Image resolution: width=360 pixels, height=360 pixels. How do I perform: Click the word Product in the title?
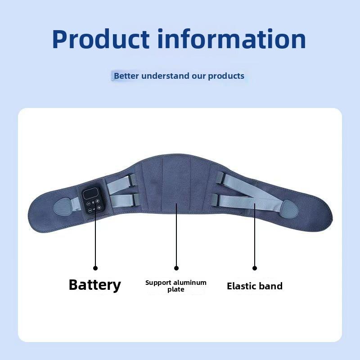(101, 39)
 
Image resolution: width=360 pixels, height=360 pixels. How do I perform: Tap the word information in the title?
(234, 39)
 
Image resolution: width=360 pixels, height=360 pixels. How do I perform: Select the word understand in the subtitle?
(165, 76)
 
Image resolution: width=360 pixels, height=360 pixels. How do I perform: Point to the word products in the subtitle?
(226, 76)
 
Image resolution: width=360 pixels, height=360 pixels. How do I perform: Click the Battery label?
(95, 285)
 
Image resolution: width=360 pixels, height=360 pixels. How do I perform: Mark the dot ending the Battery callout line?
(95, 268)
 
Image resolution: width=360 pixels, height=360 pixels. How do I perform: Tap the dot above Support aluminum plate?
(176, 268)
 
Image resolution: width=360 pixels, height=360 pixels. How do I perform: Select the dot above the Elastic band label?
(255, 268)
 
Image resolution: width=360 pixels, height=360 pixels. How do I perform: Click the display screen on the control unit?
(90, 193)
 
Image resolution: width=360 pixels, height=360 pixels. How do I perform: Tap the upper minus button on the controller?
(88, 204)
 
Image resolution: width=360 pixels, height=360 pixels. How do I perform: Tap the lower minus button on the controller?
(90, 210)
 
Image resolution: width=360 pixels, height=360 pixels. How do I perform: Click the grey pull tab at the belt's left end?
(63, 207)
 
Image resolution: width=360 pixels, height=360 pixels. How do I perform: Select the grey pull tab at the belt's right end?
(289, 209)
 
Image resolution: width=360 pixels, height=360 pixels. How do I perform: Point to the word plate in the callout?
(175, 289)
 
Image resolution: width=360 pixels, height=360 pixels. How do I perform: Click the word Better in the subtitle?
(126, 76)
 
